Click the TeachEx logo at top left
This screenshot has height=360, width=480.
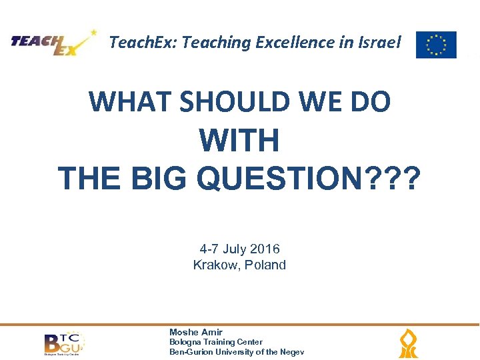click(x=53, y=43)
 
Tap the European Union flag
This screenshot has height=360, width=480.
click(x=436, y=45)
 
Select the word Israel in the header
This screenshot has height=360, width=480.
click(x=379, y=43)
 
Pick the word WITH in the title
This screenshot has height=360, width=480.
click(x=239, y=141)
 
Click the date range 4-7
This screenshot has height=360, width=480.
click(x=209, y=249)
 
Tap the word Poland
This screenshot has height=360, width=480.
click(x=264, y=265)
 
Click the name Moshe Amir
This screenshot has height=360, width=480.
click(x=196, y=332)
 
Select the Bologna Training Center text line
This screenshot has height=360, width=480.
click(x=216, y=342)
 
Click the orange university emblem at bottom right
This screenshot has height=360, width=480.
click(x=408, y=344)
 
